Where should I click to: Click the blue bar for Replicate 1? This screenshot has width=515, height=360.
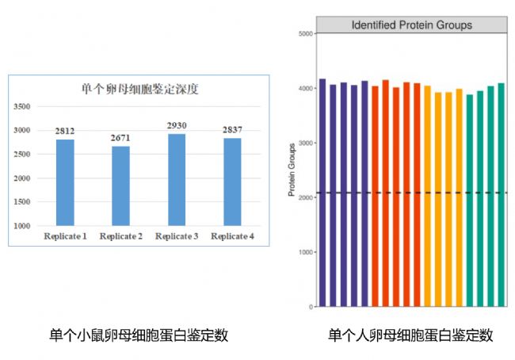[65, 182]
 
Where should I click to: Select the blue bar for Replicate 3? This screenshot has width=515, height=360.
[177, 180]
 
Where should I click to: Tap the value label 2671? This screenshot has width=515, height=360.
[120, 138]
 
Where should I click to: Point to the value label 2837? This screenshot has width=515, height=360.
[232, 130]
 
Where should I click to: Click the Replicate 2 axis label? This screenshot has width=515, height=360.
[121, 236]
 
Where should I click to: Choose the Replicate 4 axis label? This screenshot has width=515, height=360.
[232, 236]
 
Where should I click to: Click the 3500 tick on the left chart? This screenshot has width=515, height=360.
[21, 106]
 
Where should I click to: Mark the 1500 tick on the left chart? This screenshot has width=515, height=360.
[21, 202]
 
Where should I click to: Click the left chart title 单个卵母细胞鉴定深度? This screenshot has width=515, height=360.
[140, 89]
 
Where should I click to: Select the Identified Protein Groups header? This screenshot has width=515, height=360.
[412, 25]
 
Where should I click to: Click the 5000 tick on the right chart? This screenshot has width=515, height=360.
[306, 33]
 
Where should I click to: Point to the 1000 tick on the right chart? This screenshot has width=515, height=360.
[306, 252]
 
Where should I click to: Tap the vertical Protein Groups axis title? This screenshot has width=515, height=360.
[292, 170]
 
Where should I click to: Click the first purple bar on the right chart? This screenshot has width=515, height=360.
[322, 193]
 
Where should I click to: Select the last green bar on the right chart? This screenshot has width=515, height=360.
[502, 195]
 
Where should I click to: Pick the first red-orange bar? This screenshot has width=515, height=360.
[375, 197]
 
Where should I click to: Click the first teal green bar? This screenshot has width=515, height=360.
[470, 201]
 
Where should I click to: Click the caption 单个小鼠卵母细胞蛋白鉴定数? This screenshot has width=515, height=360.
[139, 335]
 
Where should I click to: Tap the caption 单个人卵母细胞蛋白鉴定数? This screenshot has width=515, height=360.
[410, 335]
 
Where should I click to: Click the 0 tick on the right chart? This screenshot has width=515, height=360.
[311, 307]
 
